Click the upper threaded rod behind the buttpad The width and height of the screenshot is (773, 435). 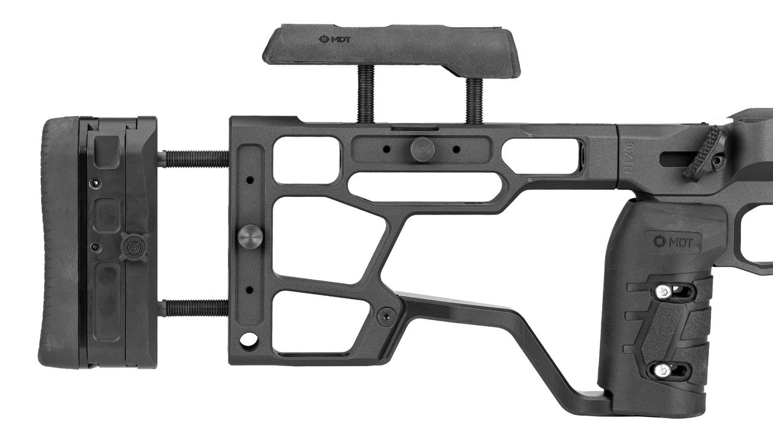point(193,159)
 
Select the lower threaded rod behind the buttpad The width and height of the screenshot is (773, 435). point(193,308)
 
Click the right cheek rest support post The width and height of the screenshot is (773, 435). point(475,100)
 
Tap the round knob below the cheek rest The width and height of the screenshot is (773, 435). point(422,147)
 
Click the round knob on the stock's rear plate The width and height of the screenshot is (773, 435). point(249,234)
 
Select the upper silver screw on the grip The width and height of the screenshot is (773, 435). point(663,292)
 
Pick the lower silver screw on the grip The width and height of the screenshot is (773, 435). point(663,370)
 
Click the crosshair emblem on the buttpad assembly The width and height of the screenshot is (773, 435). point(133,246)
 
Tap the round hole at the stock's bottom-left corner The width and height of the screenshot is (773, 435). point(248,339)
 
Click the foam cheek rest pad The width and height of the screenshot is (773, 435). point(393,51)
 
